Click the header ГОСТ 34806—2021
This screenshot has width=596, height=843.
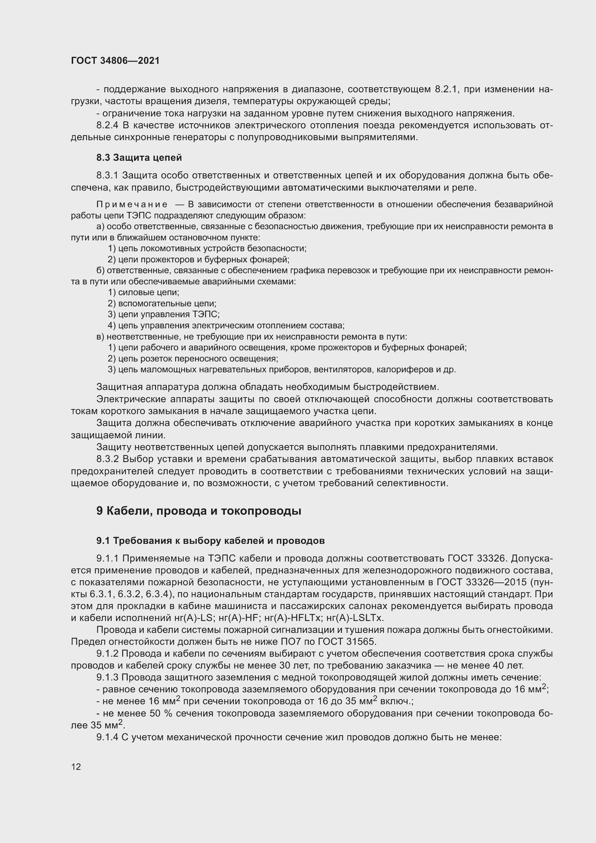point(115,61)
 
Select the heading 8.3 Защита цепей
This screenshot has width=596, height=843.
point(139,157)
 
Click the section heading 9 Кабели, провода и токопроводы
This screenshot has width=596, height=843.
point(199,511)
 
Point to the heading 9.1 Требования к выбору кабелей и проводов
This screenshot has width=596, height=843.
point(210,541)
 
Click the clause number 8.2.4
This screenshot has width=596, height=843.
point(107,125)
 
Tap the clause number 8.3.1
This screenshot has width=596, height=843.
point(107,176)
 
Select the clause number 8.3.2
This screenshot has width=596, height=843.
point(107,459)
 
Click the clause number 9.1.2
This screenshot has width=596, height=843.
point(107,654)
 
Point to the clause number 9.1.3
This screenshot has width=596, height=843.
point(107,678)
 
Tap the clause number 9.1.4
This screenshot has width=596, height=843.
point(107,737)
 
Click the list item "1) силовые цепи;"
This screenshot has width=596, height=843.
point(143,293)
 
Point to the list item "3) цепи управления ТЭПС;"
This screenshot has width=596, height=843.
point(164,315)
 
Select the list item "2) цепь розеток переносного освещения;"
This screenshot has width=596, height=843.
point(193,359)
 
